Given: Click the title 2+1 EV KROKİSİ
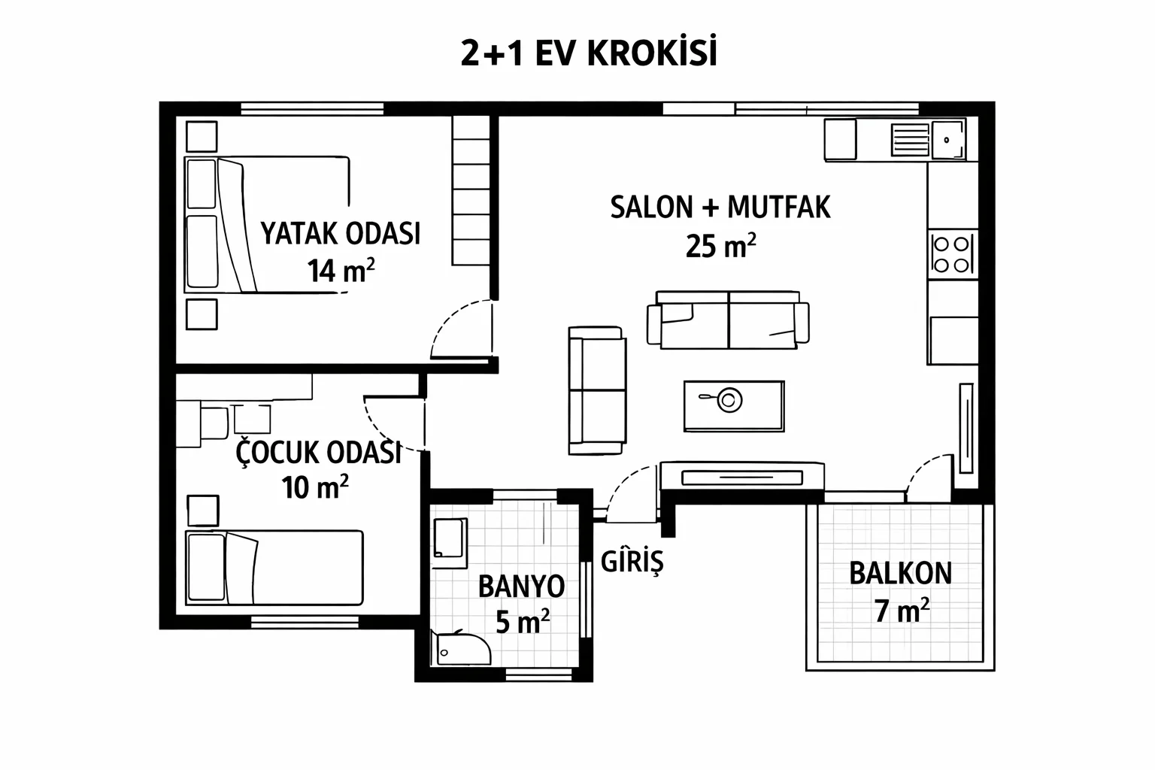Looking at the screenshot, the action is (x=589, y=52).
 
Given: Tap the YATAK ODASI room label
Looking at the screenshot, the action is (x=341, y=233).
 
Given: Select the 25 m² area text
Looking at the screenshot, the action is (x=720, y=246).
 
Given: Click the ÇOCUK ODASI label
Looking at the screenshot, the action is (x=318, y=452).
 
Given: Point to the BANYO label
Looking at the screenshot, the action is (x=521, y=587).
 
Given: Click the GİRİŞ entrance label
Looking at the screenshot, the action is (x=632, y=562).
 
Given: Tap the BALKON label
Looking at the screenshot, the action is (x=900, y=574).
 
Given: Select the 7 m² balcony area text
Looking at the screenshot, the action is (x=902, y=611).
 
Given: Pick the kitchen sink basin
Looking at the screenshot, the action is (x=947, y=140).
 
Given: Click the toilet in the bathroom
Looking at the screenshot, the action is (x=462, y=648).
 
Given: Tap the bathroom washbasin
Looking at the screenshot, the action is (x=449, y=538).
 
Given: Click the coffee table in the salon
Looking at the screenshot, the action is (x=734, y=406).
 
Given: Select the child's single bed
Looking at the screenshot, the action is (x=274, y=567).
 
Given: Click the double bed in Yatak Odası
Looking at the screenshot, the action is (x=267, y=225).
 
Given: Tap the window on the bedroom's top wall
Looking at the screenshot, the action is (x=313, y=109).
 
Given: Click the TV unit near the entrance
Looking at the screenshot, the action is (x=742, y=475).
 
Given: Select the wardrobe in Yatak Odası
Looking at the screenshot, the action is (x=471, y=190).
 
